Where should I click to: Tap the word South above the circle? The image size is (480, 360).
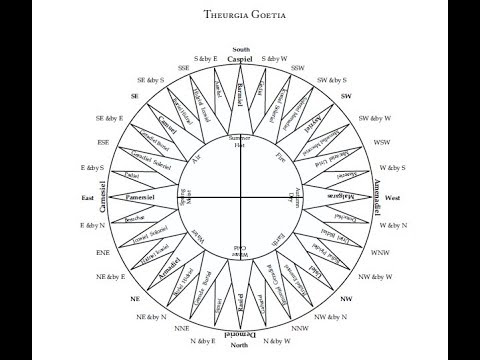click(x=240, y=49)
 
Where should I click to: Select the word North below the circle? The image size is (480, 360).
click(x=240, y=346)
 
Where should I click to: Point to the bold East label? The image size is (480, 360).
click(x=87, y=198)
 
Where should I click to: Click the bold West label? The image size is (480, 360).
click(x=393, y=198)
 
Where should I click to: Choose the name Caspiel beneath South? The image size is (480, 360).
click(x=240, y=60)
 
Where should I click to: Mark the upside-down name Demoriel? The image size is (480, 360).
click(x=240, y=334)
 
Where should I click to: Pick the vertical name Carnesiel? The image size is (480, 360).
click(x=103, y=198)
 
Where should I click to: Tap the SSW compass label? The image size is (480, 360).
click(x=297, y=68)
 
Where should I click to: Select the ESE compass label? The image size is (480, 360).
click(x=102, y=142)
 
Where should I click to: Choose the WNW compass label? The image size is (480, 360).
click(x=381, y=254)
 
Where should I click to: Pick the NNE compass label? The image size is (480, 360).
click(x=183, y=327)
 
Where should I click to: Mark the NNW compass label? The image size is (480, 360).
click(x=298, y=327)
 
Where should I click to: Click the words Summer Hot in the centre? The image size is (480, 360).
click(x=239, y=141)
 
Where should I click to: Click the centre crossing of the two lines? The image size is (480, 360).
click(x=240, y=198)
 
